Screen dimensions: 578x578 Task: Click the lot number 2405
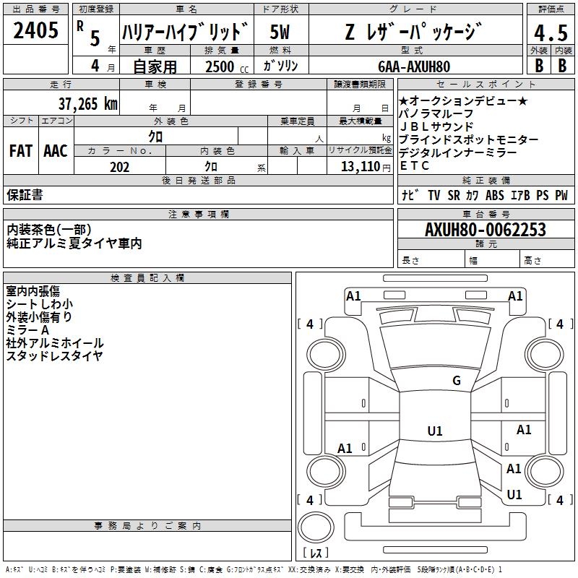(35, 30)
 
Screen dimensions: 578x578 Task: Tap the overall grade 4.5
(551, 33)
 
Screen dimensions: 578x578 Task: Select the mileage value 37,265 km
(87, 104)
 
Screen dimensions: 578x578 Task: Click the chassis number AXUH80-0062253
(485, 230)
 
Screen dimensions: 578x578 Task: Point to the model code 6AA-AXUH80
(414, 66)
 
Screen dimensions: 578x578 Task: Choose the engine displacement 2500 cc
(227, 66)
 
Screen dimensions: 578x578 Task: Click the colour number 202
(119, 167)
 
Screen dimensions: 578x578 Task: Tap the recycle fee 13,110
(360, 167)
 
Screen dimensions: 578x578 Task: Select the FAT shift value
(21, 151)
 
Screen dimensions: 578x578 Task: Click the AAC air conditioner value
(56, 151)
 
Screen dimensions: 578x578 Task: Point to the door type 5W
(280, 32)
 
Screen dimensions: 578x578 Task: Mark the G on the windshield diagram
(457, 380)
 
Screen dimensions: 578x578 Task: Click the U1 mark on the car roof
(435, 431)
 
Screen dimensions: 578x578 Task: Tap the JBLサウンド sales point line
(436, 126)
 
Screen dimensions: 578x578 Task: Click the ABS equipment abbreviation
(494, 195)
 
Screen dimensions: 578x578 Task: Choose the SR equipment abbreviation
(454, 195)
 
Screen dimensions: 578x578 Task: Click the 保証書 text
(25, 195)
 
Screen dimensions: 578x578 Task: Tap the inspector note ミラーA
(27, 330)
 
